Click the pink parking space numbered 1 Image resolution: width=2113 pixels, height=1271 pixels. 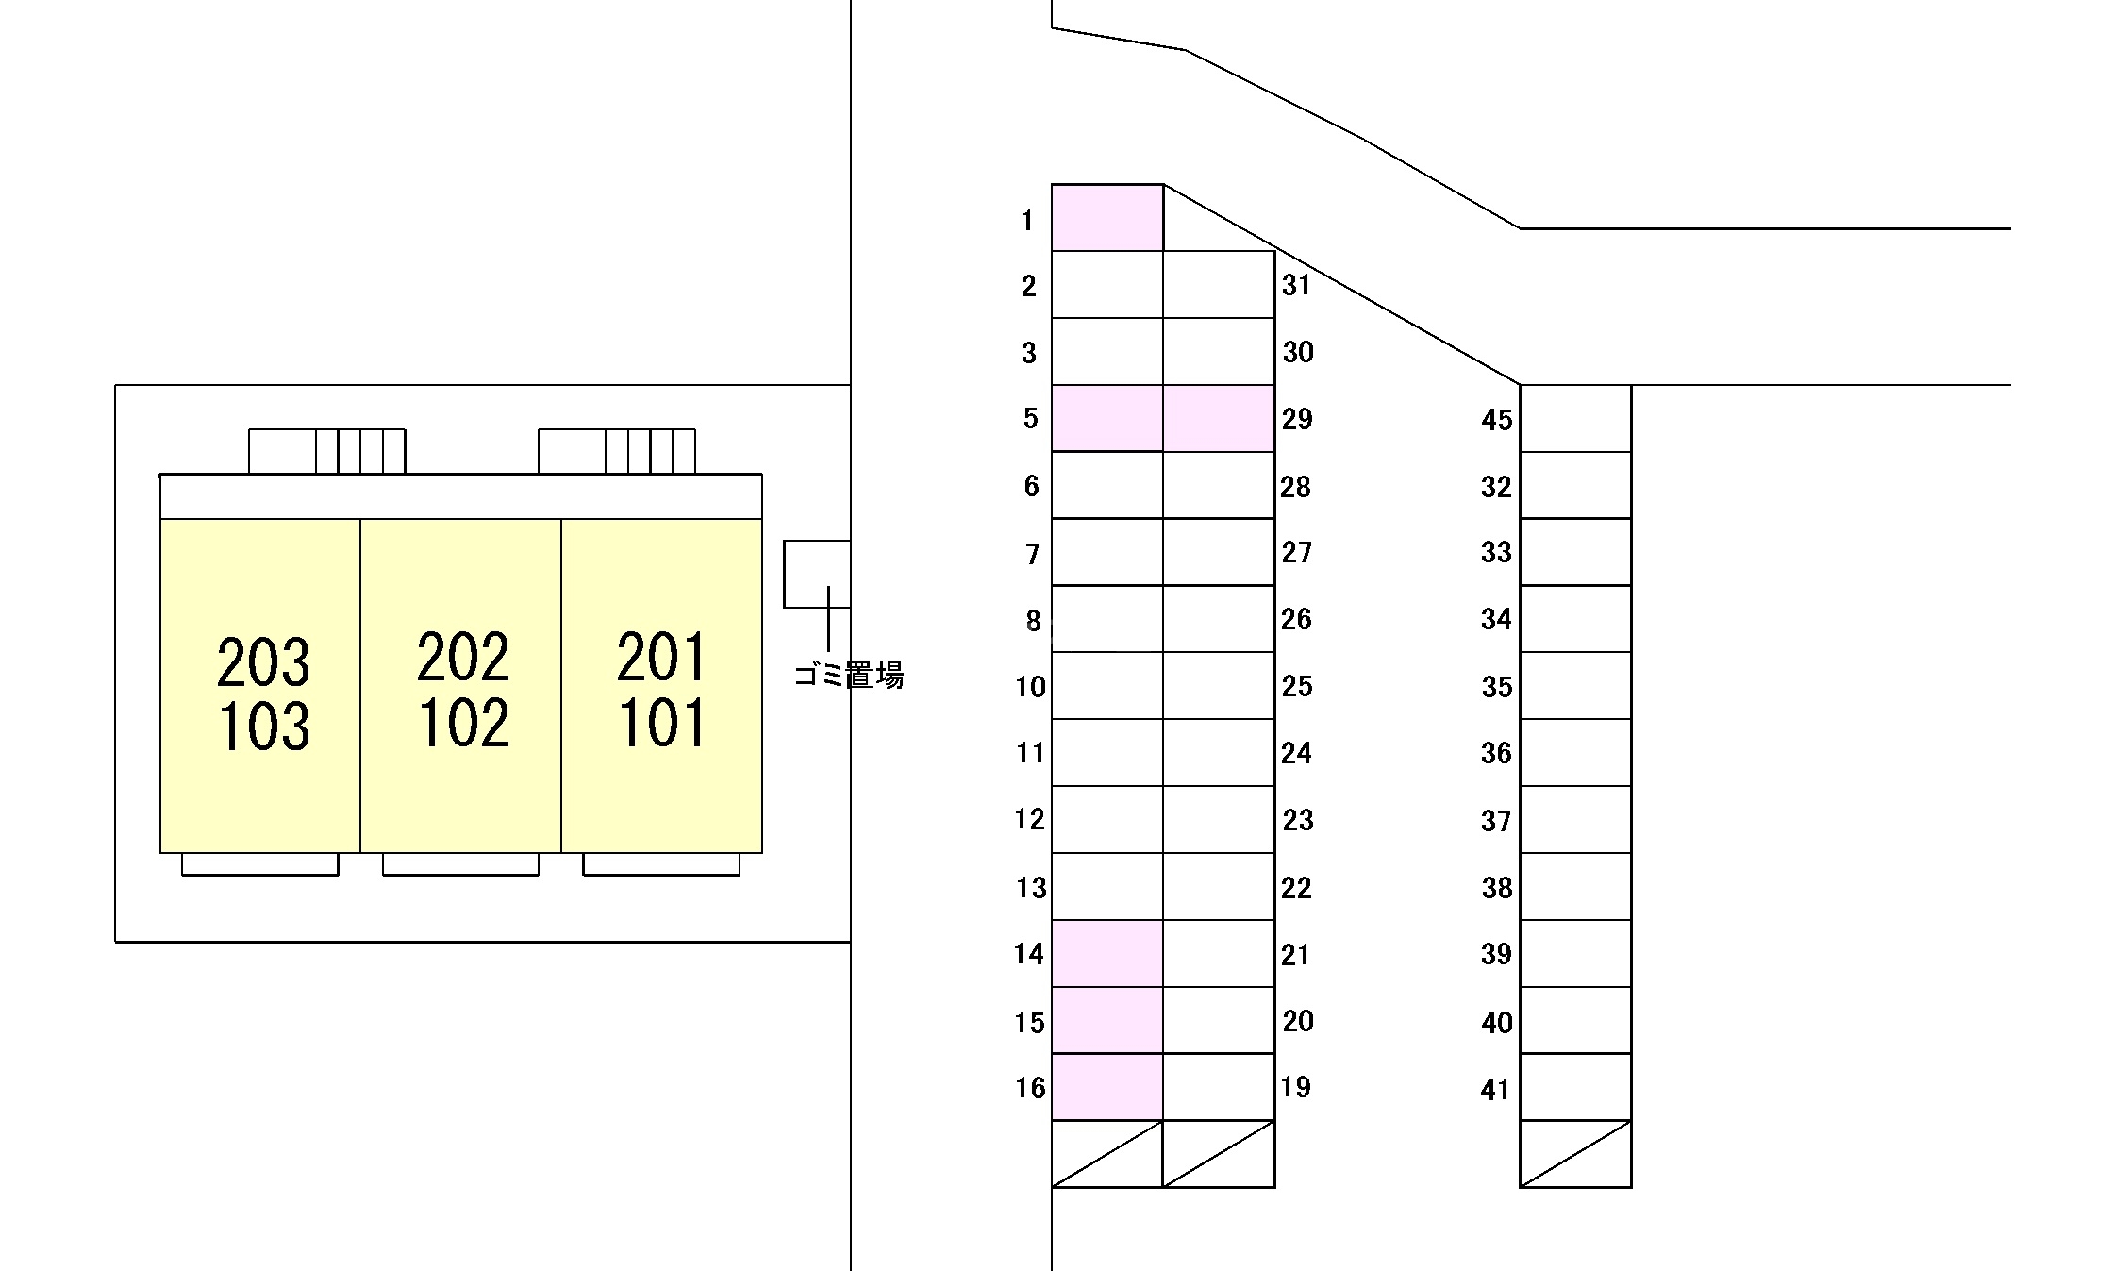coord(1107,218)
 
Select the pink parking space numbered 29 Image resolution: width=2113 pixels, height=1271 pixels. coord(1219,418)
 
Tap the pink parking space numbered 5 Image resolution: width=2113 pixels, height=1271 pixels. coord(1107,418)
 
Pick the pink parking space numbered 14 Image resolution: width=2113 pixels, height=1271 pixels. coord(1107,953)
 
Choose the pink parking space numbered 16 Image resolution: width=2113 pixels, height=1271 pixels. coord(1107,1087)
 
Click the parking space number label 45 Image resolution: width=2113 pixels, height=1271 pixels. coord(1497,420)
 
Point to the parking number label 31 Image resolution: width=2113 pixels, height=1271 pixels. coord(1297,285)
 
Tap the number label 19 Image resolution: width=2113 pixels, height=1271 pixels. coord(1297,1087)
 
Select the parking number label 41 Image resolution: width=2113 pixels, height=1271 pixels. coord(1496,1090)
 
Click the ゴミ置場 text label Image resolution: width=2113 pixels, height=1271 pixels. coord(849,676)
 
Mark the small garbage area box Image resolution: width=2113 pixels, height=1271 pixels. coord(817,574)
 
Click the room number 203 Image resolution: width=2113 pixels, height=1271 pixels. coord(263,661)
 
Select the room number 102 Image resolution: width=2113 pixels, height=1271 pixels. coord(463,723)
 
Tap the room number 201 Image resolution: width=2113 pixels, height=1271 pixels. coord(661,658)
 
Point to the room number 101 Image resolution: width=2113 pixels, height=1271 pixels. coord(662,723)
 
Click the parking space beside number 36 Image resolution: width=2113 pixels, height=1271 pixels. coord(1575,753)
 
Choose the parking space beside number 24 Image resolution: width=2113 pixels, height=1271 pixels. coord(1219,753)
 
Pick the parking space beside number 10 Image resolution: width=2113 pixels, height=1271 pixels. coord(1107,686)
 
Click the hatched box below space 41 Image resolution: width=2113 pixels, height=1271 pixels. coord(1575,1154)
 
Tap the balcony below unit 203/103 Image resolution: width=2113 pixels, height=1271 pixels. coord(260,864)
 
